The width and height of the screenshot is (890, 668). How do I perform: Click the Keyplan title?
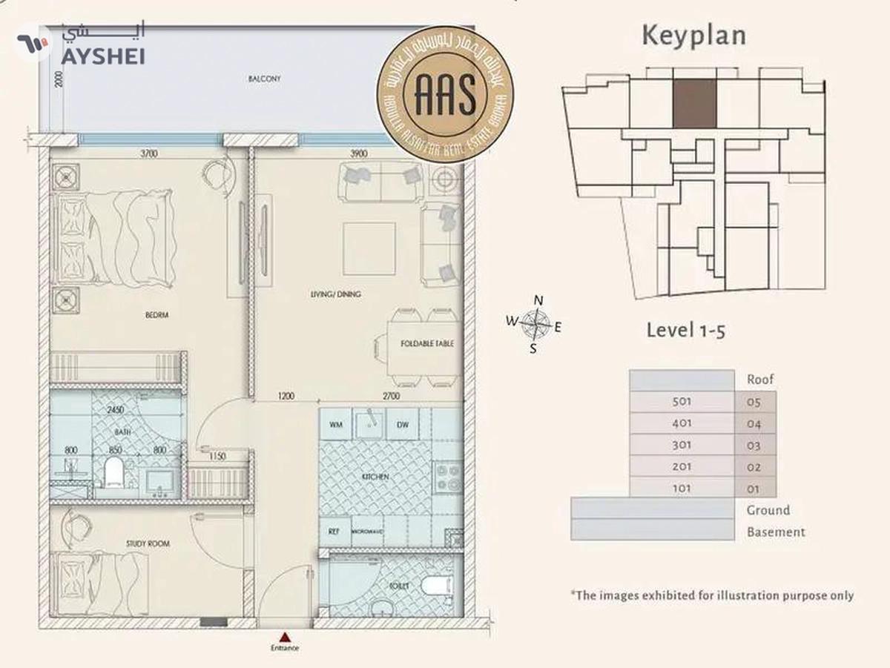[693, 36]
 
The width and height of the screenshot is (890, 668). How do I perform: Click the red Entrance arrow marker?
[285, 636]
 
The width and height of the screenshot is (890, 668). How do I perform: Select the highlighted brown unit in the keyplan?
[695, 103]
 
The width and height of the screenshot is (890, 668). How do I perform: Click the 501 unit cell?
[682, 402]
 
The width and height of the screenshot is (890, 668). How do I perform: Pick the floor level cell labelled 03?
[754, 446]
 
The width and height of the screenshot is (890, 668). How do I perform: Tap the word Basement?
[776, 532]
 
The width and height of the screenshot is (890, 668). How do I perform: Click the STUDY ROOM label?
[148, 543]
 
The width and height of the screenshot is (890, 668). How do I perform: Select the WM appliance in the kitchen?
[336, 425]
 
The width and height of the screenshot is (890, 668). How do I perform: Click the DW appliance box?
[403, 425]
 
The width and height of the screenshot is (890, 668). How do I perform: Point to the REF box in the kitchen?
[334, 532]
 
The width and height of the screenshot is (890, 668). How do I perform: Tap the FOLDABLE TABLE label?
[426, 344]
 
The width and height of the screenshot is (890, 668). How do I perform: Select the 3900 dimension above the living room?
[358, 154]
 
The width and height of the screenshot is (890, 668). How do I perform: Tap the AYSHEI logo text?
[102, 56]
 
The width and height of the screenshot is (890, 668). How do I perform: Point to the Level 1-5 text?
[685, 330]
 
